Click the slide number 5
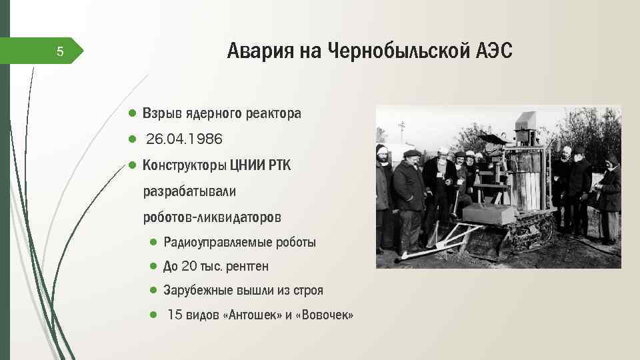pyautogui.click(x=60, y=51)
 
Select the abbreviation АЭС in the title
pyautogui.click(x=495, y=51)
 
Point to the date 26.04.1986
pyautogui.click(x=184, y=139)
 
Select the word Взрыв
pyautogui.click(x=161, y=113)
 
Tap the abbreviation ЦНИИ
pyautogui.click(x=247, y=165)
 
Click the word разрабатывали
pyautogui.click(x=189, y=191)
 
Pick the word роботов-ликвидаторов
pyautogui.click(x=212, y=217)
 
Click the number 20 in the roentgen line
pyautogui.click(x=189, y=267)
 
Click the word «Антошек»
pyautogui.click(x=255, y=315)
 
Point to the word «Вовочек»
pyautogui.click(x=327, y=315)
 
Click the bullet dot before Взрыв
pyautogui.click(x=133, y=113)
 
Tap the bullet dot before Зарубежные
pyautogui.click(x=153, y=291)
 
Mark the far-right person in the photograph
pyautogui.click(x=609, y=197)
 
